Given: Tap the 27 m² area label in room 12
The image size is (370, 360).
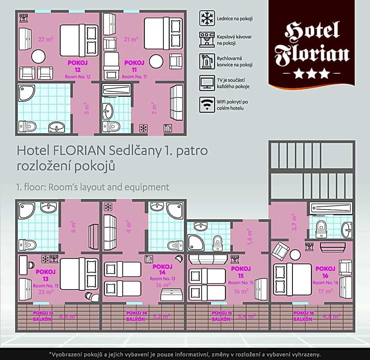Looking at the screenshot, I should pos(46,39).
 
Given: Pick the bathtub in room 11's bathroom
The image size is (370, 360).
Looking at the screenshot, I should pos(116,90).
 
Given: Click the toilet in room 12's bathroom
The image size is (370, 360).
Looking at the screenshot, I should pos(27,126).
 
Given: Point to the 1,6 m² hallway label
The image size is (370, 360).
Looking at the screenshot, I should pos(250,238).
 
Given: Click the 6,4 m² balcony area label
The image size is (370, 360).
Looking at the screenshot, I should pos(67,316).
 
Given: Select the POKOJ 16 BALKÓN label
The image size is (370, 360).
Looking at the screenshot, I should pos(303,316).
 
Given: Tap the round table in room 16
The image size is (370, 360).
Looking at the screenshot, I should pos(295,255).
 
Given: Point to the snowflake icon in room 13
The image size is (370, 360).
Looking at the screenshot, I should pos(45,259).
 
